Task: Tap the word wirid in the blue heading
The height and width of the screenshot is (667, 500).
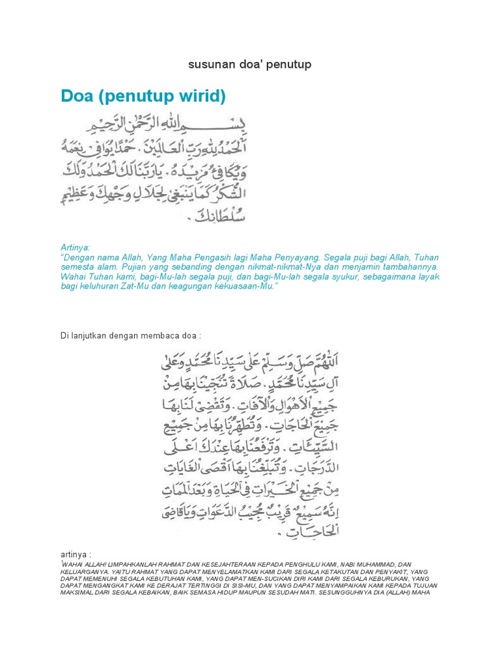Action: [x=202, y=97]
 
